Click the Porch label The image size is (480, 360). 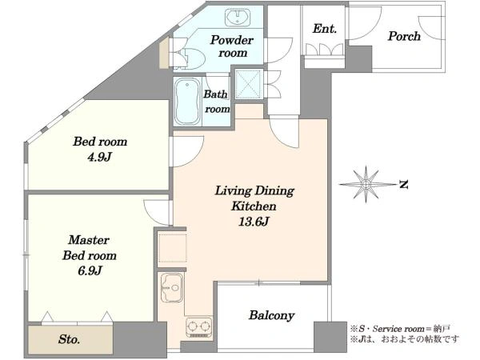coord(404,36)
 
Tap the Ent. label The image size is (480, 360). coord(325,29)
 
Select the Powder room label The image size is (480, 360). coord(232,46)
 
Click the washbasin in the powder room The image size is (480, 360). coord(238,17)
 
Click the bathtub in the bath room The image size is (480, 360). coord(187,102)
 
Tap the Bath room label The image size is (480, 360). coord(217,102)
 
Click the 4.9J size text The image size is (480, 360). coord(99,157)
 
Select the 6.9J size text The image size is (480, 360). coord(90,270)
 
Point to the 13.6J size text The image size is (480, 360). coord(254,222)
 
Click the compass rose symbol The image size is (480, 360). coord(366,184)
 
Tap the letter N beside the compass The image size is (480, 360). coord(404,185)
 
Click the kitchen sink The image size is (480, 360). coord(172,288)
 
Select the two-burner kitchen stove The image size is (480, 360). coord(199,327)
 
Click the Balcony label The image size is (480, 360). coord(271,315)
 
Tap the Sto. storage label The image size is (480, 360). coord(69,339)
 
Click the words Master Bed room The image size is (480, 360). coord(90,248)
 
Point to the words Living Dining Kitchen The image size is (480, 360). coord(254,198)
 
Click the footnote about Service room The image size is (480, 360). coord(400,329)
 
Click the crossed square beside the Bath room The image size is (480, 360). coord(249,84)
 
